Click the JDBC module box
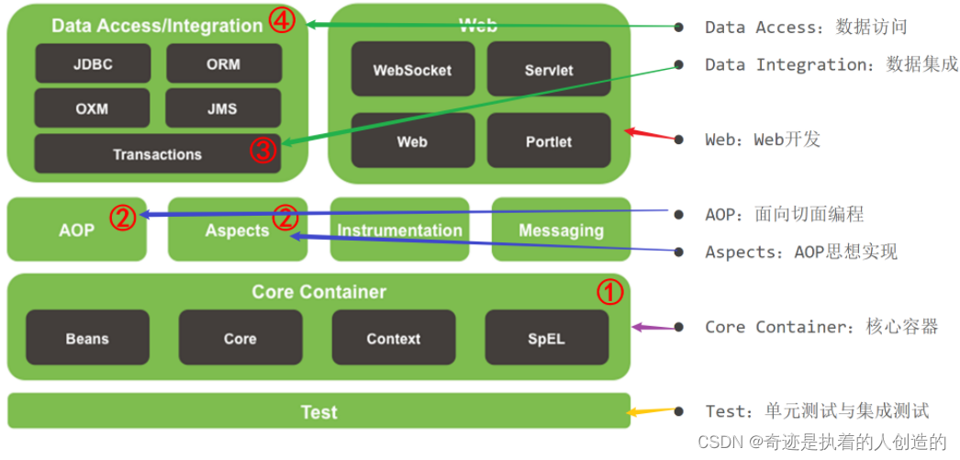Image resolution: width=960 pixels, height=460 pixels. click(93, 64)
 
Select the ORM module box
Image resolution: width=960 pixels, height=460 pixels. click(223, 64)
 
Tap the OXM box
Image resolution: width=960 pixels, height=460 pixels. click(93, 108)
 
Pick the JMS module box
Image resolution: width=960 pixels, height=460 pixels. click(223, 108)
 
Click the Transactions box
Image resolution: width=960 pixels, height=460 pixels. click(157, 154)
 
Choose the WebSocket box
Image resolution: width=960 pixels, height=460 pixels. click(412, 70)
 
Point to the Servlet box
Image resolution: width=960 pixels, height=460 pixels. click(548, 70)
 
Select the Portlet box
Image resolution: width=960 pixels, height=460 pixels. click(548, 141)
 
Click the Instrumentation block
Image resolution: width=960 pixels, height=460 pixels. click(399, 230)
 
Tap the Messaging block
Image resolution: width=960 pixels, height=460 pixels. click(561, 230)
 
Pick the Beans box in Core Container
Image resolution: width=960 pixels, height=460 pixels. click(87, 338)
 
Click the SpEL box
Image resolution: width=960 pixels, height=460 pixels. click(546, 338)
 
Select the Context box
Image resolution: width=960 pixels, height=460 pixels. click(393, 338)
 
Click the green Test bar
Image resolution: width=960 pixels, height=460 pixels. click(318, 412)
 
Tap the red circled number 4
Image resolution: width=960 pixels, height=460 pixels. click(282, 21)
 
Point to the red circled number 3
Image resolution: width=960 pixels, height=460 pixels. click(263, 151)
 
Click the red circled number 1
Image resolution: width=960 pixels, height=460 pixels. click(610, 292)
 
